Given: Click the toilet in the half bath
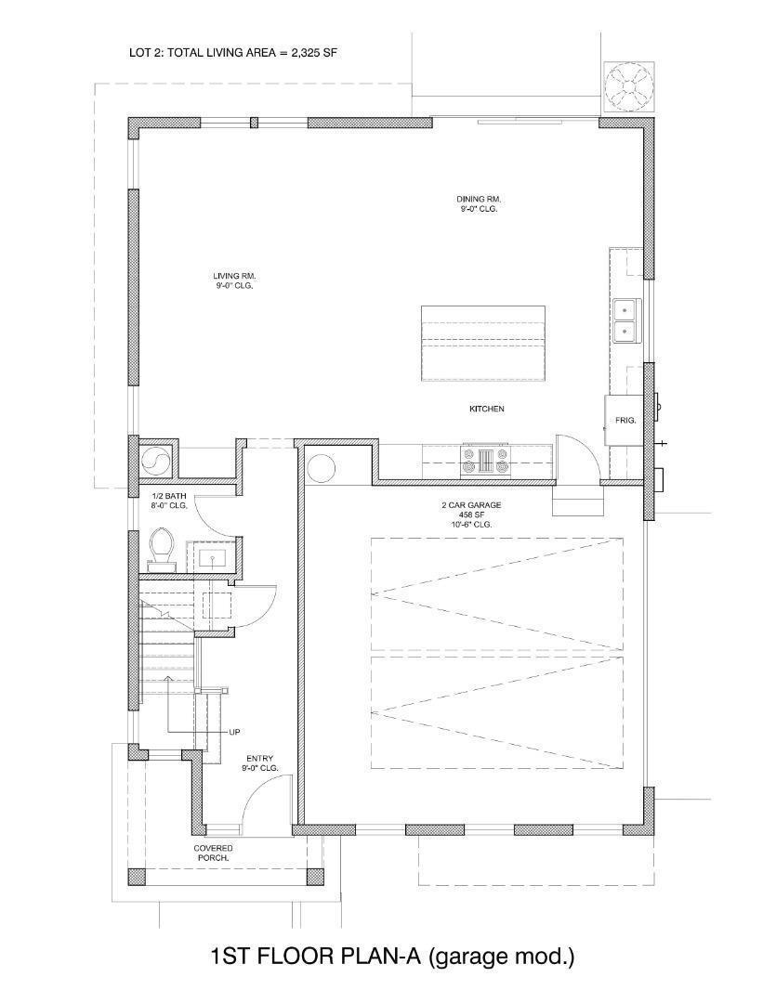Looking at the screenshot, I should (x=162, y=548).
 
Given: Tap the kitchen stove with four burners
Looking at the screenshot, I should (x=486, y=461).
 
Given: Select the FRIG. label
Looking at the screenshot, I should (x=625, y=421).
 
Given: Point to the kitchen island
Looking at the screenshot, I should (x=483, y=343).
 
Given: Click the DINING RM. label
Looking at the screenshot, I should (x=479, y=199).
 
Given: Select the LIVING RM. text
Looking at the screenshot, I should (x=234, y=276).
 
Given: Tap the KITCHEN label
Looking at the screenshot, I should (x=486, y=409).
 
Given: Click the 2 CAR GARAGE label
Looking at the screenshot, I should (x=471, y=505).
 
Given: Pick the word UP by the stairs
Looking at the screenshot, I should (x=235, y=732).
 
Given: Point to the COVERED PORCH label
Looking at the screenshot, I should (x=213, y=853).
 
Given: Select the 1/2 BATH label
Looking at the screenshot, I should (x=169, y=496).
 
